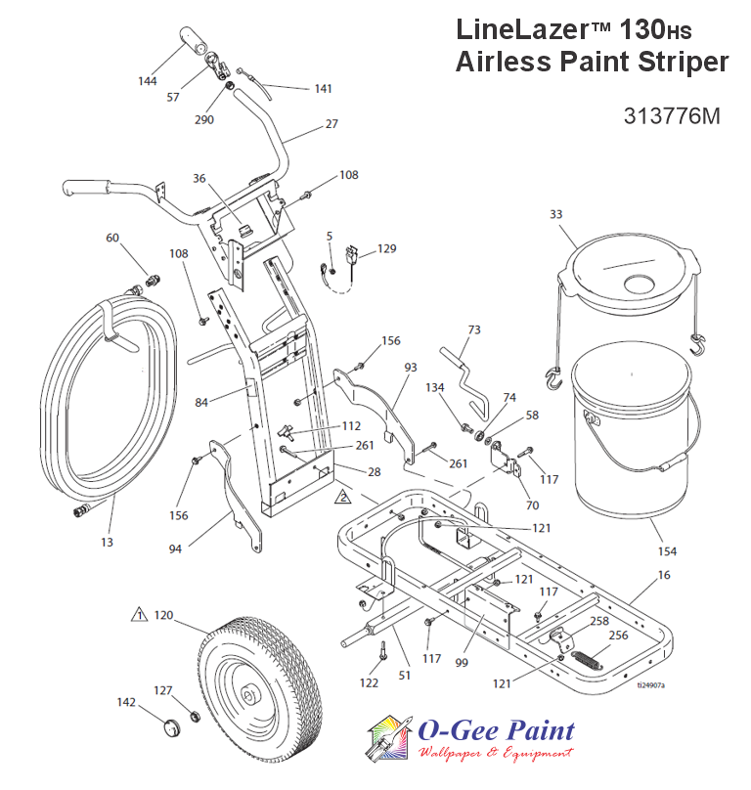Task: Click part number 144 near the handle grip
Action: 148,81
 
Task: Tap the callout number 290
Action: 204,119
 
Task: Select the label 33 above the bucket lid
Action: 556,213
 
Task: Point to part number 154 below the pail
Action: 668,551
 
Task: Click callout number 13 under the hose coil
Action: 107,541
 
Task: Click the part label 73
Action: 473,330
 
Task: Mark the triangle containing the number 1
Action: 139,616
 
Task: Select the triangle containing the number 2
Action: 341,498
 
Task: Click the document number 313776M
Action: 671,115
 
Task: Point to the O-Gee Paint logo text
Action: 495,731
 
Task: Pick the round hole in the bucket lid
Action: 642,284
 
